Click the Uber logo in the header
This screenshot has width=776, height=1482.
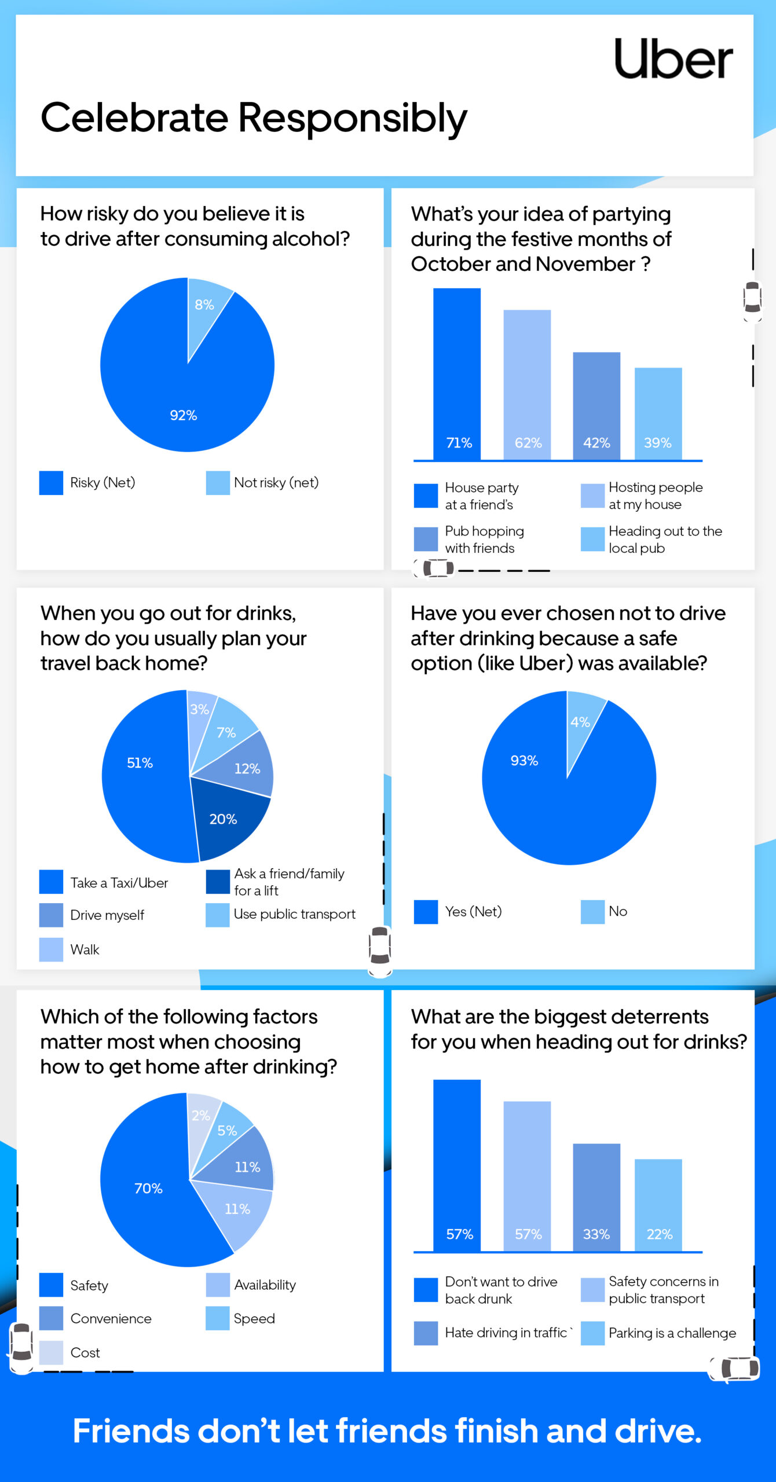(673, 59)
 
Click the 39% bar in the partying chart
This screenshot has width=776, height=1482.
(658, 413)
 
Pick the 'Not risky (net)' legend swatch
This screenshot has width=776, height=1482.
(218, 483)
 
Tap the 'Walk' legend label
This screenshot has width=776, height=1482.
(85, 949)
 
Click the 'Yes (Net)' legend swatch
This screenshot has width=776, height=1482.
(426, 912)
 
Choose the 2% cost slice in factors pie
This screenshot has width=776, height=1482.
(202, 1115)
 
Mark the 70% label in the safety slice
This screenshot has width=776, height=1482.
(148, 1188)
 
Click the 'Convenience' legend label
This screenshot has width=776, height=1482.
(111, 1318)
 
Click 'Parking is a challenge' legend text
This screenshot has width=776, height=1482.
(672, 1333)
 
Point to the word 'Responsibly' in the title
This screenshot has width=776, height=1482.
(352, 118)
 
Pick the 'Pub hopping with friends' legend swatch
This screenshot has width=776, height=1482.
(426, 539)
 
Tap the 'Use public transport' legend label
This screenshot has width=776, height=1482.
(294, 914)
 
